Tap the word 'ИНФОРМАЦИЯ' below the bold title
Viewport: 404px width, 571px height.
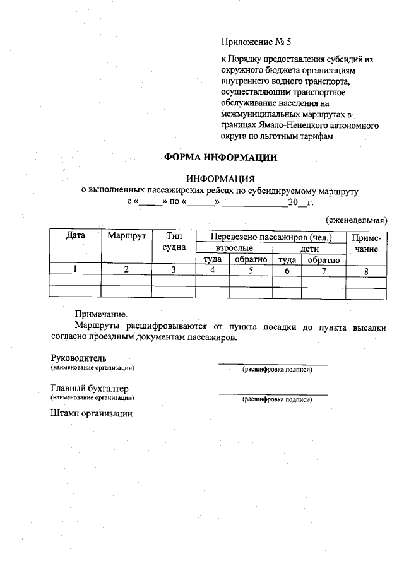(x=220, y=179)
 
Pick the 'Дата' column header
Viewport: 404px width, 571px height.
(x=75, y=236)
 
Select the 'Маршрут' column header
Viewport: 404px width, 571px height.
(x=127, y=236)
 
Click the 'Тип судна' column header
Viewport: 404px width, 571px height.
(x=174, y=242)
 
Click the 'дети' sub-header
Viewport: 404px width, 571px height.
(x=309, y=249)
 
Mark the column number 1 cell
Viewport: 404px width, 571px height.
(x=75, y=270)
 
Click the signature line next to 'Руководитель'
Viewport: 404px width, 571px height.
(x=273, y=363)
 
